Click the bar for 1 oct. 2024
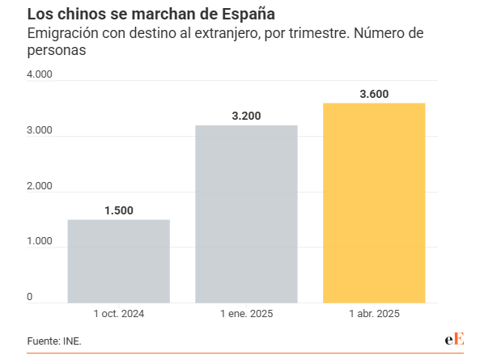click(x=118, y=260)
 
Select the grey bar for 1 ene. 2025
click(x=246, y=214)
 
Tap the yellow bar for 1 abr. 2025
click(x=374, y=202)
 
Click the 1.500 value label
click(x=118, y=210)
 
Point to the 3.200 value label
click(x=246, y=116)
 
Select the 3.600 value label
click(x=374, y=94)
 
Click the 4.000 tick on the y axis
click(x=40, y=75)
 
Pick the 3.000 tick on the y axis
click(x=40, y=131)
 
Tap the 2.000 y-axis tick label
click(x=40, y=186)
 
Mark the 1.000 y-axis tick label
click(x=40, y=242)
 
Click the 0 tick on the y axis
click(x=30, y=297)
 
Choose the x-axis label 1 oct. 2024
click(x=118, y=313)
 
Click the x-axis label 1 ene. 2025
click(x=246, y=313)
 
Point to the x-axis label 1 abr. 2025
click(x=374, y=313)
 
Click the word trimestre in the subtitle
click(x=303, y=34)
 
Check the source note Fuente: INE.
click(x=54, y=341)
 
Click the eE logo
click(x=454, y=340)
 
